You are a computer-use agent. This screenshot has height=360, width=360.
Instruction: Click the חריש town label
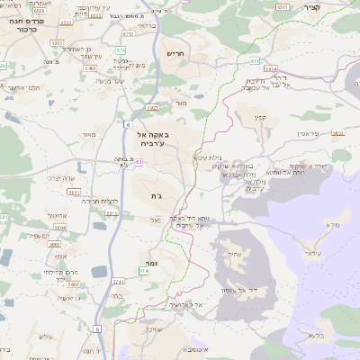point(175,55)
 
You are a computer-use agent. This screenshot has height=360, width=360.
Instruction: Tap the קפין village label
point(261,116)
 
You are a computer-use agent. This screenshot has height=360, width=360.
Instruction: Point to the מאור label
point(88,135)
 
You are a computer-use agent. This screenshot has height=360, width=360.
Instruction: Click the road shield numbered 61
point(128,124)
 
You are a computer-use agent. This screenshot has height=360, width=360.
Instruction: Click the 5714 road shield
point(143,269)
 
